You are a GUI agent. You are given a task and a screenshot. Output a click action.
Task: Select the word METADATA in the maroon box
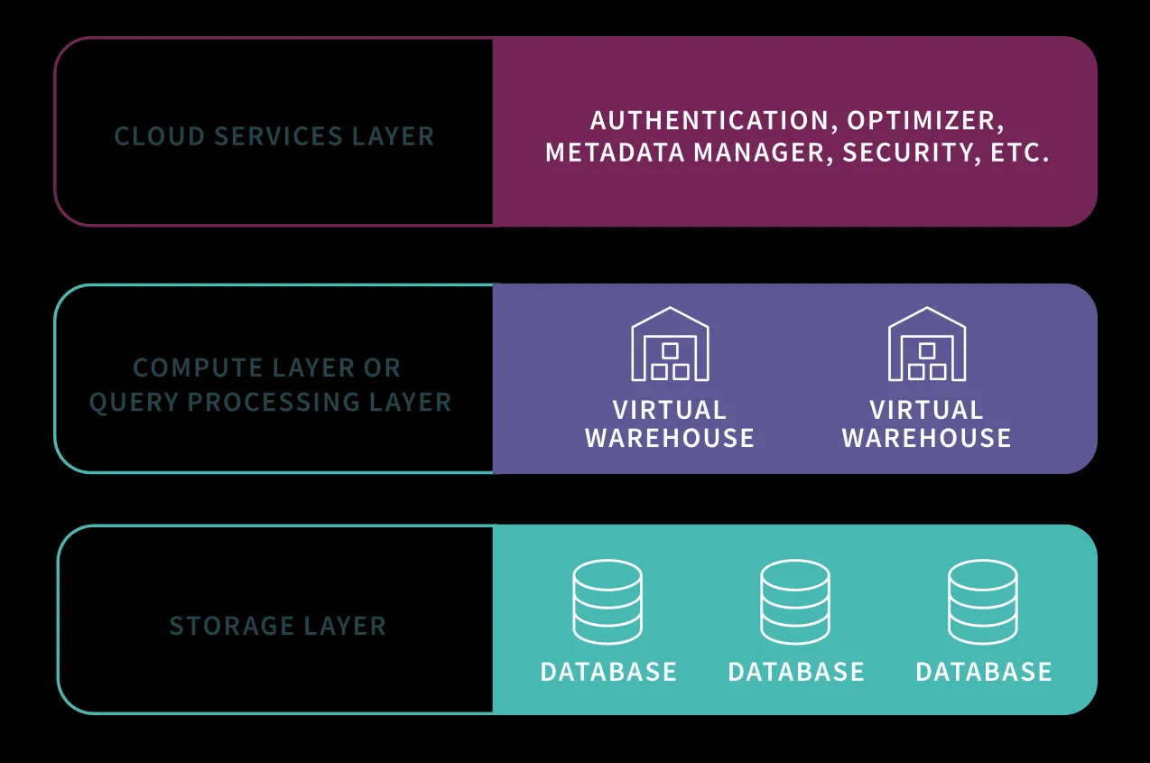click(x=615, y=152)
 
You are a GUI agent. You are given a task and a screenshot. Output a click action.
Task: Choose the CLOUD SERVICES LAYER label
click(x=274, y=136)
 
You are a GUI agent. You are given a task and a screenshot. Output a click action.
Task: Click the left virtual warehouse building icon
click(x=670, y=344)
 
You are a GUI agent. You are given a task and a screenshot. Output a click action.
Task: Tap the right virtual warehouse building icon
click(x=927, y=344)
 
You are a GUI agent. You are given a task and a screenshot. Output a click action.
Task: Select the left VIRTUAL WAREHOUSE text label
click(x=670, y=423)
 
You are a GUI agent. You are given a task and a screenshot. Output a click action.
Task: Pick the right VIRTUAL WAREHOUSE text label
click(x=927, y=423)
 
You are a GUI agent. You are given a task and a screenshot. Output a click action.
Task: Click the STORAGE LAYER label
click(x=278, y=626)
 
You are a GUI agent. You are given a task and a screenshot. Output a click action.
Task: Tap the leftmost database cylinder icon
click(x=607, y=601)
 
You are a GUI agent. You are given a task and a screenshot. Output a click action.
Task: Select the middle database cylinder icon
click(x=795, y=601)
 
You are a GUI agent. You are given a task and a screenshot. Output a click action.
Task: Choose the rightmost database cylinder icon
click(x=983, y=601)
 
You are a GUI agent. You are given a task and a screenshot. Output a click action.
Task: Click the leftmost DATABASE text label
click(x=608, y=672)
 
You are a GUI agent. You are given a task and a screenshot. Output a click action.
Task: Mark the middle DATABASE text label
click(x=796, y=672)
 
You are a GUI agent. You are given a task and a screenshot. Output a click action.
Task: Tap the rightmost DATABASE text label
click(x=984, y=672)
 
